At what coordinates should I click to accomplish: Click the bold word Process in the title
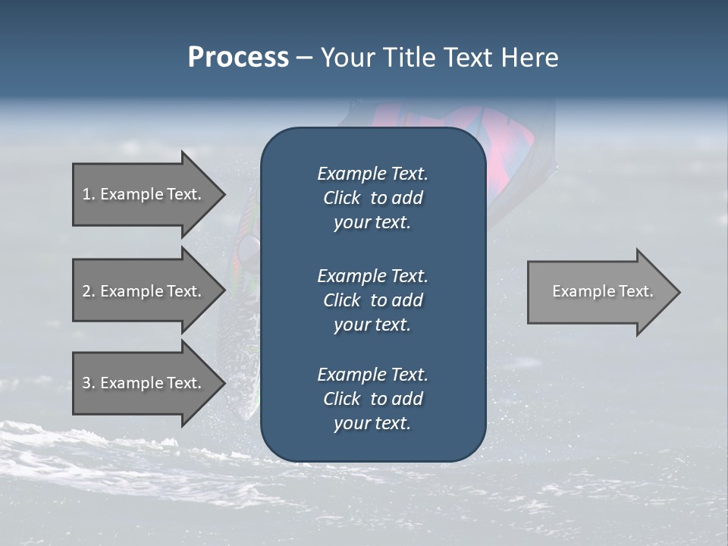238,58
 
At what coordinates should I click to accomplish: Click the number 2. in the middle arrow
89,291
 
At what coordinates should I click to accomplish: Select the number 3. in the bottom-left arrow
89,384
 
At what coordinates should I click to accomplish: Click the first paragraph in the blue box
372,198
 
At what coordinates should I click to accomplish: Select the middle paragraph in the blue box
372,300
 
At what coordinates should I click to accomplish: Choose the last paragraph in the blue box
372,399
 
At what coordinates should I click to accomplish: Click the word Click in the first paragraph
342,198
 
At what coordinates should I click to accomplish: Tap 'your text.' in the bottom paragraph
372,423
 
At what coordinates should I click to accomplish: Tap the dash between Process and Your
304,58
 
